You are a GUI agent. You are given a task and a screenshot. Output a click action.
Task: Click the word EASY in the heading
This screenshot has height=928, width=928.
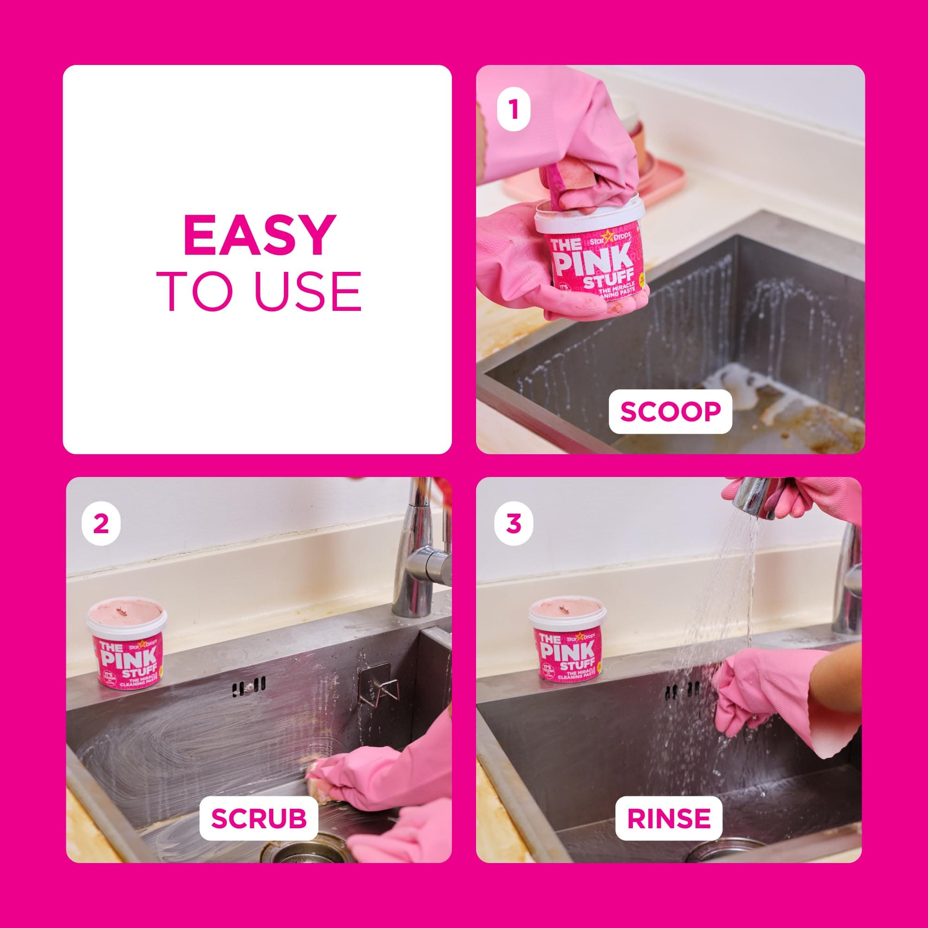point(258,235)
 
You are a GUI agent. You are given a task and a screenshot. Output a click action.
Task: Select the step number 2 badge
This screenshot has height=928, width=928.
point(101,523)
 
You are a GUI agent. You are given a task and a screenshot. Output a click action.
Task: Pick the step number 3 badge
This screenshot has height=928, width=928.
point(514,523)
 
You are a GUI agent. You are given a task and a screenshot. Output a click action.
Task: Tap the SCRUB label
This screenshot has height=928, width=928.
point(259,818)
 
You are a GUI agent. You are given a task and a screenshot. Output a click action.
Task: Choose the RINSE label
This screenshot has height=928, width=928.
point(669,818)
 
